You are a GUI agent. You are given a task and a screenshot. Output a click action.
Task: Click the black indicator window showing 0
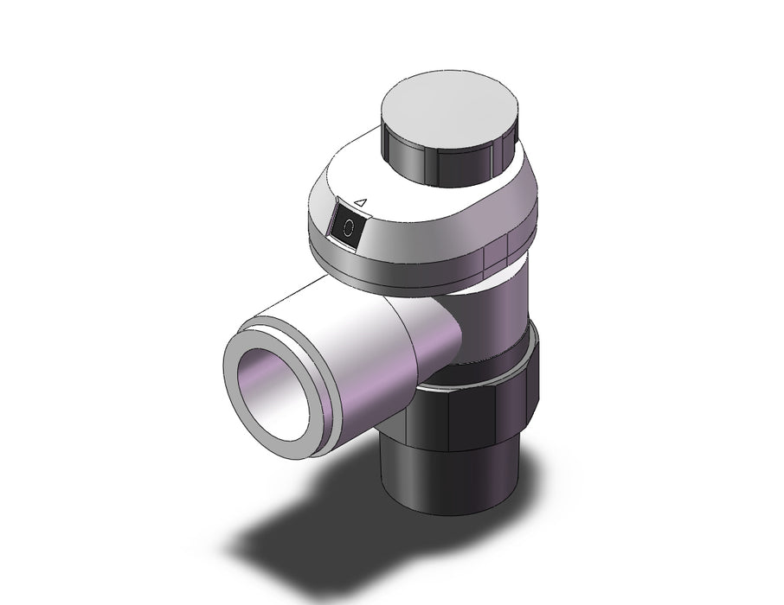348,228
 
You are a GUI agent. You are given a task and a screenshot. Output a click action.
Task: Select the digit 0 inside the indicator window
349,229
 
